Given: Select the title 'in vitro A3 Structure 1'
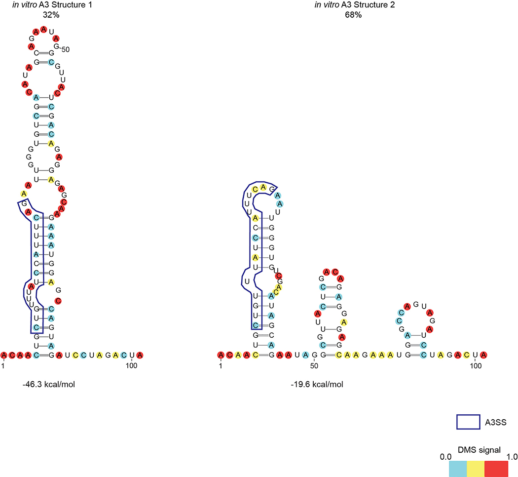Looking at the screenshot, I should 44,5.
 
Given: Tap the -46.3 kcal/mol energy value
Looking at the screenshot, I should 44,384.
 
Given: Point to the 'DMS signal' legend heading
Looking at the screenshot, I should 475,450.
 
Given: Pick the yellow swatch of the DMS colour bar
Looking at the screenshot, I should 476,469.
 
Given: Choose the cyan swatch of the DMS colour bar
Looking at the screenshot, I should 457,469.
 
